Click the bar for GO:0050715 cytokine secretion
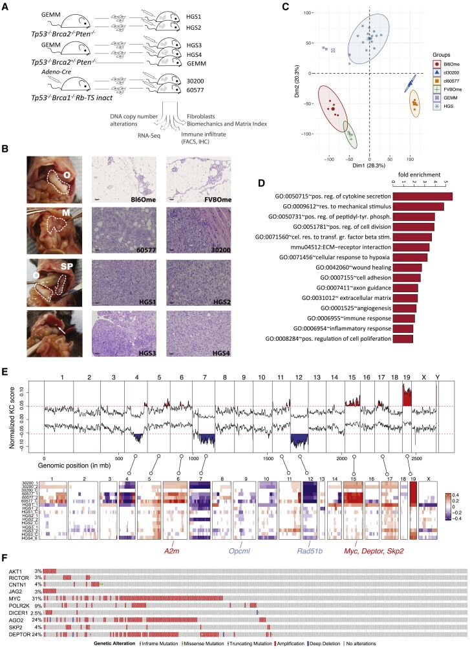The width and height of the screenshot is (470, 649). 423,195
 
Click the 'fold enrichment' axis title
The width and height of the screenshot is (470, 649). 431,174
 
